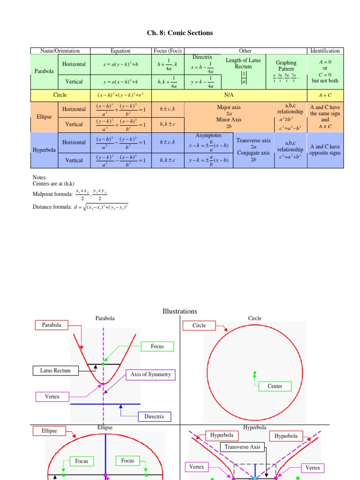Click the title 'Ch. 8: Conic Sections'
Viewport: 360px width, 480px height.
(180, 33)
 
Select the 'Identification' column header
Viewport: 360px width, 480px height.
(325, 51)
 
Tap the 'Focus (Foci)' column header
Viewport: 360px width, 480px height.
(168, 51)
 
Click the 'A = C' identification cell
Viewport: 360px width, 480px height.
(325, 95)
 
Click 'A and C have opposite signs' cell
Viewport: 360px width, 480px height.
(325, 150)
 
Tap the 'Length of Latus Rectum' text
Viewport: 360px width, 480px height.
(243, 63)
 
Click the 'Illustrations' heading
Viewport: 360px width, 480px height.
(180, 311)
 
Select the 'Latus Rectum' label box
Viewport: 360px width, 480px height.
(55, 371)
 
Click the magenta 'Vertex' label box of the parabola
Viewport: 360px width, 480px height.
(52, 397)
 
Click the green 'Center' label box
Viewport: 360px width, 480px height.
(275, 386)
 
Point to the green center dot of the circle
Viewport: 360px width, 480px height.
(255, 373)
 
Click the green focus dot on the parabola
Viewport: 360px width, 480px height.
(104, 364)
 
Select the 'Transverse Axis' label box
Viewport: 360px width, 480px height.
(242, 447)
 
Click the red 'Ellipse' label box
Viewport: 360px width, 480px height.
(49, 431)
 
